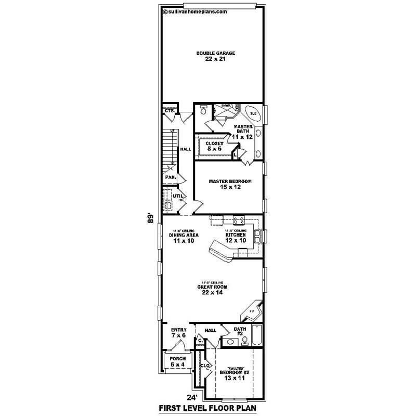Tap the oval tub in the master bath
pyautogui.click(x=253, y=113)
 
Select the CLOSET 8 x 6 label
pyautogui.click(x=214, y=146)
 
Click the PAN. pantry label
pyautogui.click(x=171, y=177)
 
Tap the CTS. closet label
pyautogui.click(x=169, y=111)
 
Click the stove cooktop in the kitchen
pyautogui.click(x=239, y=219)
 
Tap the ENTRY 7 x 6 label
pyautogui.click(x=178, y=332)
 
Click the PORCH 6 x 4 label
pyautogui.click(x=177, y=362)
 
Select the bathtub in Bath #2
pyautogui.click(x=256, y=336)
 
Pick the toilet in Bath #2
pyautogui.click(x=243, y=342)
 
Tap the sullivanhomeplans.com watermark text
pyautogui.click(x=195, y=10)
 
